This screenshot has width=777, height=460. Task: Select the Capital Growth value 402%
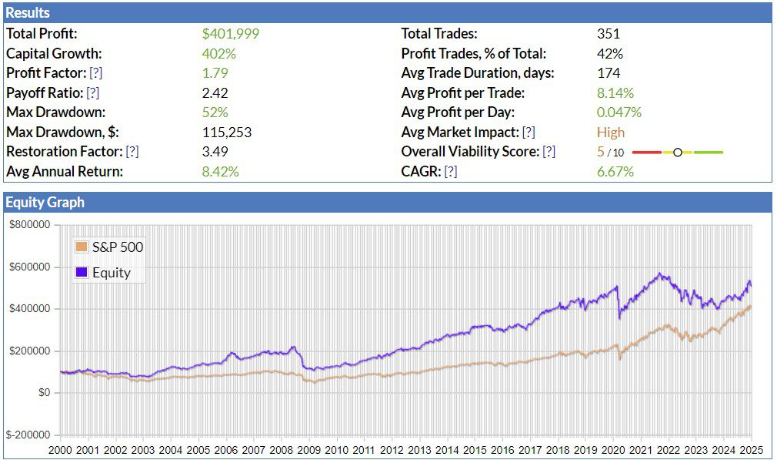point(218,54)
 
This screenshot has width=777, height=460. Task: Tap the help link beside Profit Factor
point(96,73)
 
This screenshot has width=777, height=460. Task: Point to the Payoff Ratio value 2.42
point(215,92)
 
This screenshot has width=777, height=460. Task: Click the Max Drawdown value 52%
point(215,112)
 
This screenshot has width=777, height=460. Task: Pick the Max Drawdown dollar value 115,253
point(226,132)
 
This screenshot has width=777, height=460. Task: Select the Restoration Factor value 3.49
point(215,152)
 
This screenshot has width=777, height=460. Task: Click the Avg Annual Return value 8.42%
point(220,171)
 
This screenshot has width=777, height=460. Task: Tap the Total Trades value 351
point(608,34)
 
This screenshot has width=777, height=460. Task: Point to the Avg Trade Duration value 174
point(608,73)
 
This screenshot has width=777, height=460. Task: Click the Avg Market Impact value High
point(610,132)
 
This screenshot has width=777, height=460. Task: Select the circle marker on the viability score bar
point(677,152)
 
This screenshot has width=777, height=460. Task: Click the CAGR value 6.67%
point(615,171)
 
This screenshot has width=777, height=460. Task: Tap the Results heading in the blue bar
point(28,13)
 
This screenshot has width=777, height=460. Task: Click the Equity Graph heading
point(45,203)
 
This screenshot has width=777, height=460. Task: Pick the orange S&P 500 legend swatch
point(82,247)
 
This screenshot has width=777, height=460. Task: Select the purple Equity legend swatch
point(82,272)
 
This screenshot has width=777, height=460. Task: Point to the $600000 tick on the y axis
point(29,267)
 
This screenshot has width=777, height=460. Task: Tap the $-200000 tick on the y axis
point(28,435)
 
